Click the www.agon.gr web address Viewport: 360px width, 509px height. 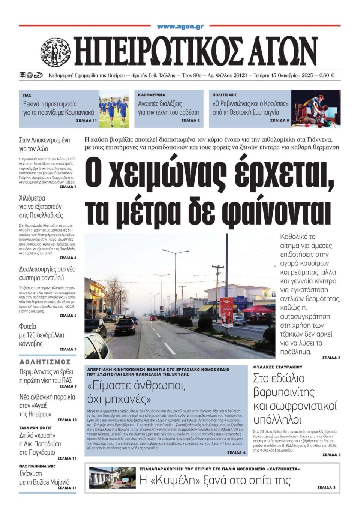(180, 27)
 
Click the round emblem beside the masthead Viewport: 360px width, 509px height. (55, 52)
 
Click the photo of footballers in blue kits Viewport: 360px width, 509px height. (114, 109)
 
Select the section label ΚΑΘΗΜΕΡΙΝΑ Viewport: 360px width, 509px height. (151, 95)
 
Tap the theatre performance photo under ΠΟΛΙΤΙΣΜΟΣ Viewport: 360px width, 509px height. (316, 109)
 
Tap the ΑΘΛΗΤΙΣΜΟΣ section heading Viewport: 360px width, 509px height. (45, 362)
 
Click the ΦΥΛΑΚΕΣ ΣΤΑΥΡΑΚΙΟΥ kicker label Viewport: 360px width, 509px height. (278, 367)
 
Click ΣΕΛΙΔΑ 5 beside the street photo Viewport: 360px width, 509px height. (331, 358)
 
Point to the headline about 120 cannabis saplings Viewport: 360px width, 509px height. (42, 335)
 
